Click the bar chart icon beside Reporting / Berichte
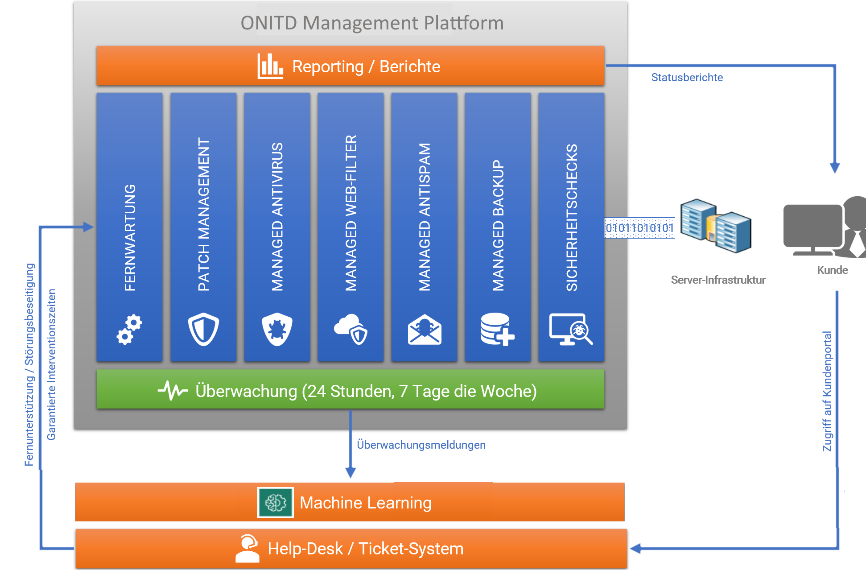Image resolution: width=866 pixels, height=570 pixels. [270, 66]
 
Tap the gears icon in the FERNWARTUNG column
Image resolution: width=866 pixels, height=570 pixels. [129, 330]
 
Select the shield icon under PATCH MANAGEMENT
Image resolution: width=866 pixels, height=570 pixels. [203, 330]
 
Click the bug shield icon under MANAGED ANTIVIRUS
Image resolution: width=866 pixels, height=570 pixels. [277, 330]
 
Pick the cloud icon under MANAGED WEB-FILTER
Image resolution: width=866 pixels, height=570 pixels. [351, 330]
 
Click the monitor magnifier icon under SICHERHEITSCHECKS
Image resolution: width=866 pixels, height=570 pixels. [571, 330]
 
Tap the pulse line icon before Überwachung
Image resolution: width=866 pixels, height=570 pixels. [173, 391]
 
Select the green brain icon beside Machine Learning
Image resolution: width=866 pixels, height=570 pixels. [276, 503]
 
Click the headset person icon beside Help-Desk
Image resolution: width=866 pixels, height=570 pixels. [248, 548]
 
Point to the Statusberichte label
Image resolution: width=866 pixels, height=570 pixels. [687, 78]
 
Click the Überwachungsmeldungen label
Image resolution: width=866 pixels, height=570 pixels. [421, 445]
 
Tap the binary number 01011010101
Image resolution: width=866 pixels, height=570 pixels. [639, 228]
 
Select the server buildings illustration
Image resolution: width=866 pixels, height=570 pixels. [715, 226]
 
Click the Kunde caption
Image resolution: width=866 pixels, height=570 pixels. [832, 270]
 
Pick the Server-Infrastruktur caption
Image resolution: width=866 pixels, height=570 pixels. [718, 280]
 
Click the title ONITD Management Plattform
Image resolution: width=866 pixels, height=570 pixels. [372, 23]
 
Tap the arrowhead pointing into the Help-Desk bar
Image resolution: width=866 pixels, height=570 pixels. [635, 549]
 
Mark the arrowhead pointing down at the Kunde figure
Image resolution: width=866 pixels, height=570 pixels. [835, 169]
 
